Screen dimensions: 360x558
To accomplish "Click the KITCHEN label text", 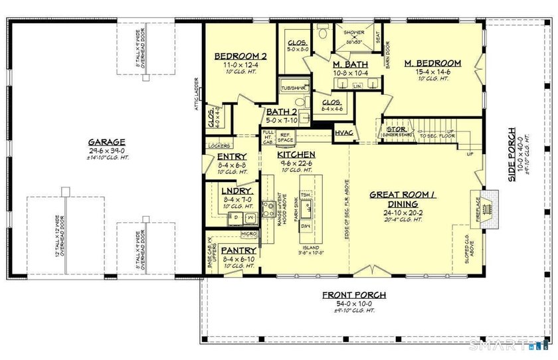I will click(296, 155).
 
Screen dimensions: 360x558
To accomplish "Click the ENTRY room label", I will click(232, 157).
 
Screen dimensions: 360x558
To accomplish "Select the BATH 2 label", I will click(281, 112).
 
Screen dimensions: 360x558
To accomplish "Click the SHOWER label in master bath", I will click(353, 31).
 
